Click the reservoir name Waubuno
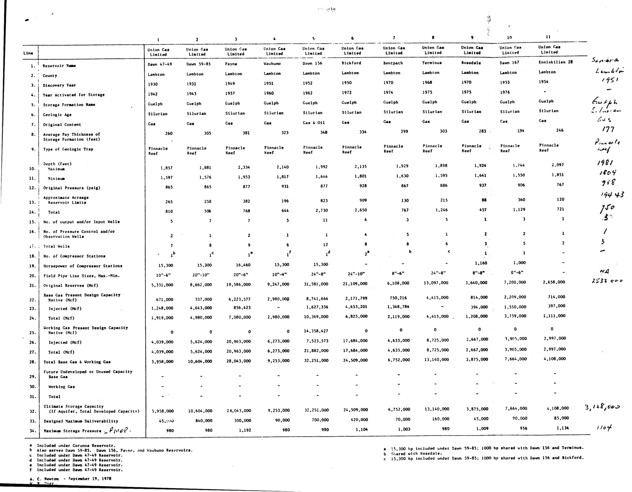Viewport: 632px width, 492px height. (x=272, y=63)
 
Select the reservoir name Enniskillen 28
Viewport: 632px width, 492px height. (x=556, y=62)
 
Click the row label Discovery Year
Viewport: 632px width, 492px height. (x=59, y=85)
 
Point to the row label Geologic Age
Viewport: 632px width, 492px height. (x=57, y=115)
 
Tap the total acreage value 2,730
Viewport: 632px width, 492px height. (x=321, y=211)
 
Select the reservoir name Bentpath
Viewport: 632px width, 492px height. (x=393, y=63)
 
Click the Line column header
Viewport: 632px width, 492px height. (x=28, y=53)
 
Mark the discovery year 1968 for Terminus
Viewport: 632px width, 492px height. (x=427, y=82)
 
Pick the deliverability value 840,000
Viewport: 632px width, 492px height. (x=204, y=421)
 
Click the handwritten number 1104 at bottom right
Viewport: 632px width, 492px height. (x=604, y=427)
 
